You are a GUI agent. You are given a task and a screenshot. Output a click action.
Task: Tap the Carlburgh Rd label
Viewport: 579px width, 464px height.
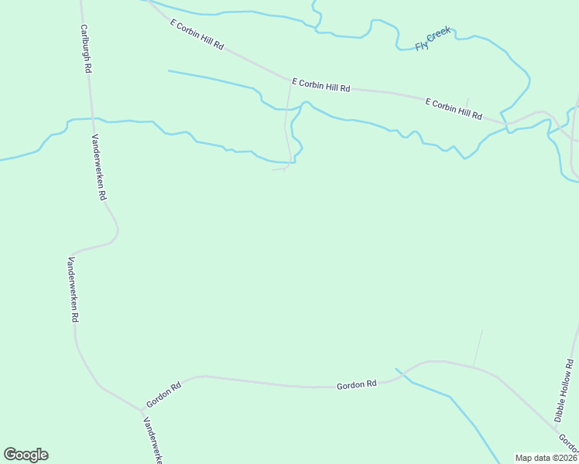pyautogui.click(x=87, y=48)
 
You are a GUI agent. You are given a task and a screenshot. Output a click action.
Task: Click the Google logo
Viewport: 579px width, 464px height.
pyautogui.click(x=26, y=455)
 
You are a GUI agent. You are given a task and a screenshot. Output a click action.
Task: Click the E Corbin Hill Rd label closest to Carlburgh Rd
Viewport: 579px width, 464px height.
pyautogui.click(x=197, y=36)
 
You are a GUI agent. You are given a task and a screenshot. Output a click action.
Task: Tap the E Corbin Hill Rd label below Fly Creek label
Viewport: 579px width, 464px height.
pyautogui.click(x=454, y=108)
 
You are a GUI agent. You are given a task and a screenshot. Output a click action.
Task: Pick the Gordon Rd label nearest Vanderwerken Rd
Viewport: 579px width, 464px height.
pyautogui.click(x=163, y=394)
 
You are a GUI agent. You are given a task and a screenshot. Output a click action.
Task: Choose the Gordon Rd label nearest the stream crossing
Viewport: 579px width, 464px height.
pyautogui.click(x=356, y=384)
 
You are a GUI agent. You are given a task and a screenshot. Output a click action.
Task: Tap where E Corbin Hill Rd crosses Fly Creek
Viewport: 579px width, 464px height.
pyautogui.click(x=506, y=123)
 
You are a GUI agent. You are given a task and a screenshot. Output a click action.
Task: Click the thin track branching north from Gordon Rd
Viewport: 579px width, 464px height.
pyautogui.click(x=478, y=348)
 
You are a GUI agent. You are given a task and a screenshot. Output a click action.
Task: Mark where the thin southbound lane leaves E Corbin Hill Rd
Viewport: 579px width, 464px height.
pyautogui.click(x=291, y=80)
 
